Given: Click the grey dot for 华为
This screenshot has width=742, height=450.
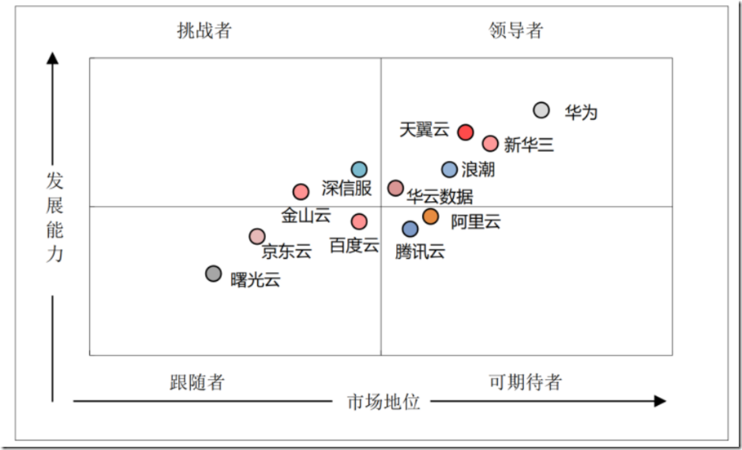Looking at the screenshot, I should (541, 110).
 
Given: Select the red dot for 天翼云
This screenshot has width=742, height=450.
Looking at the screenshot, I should (465, 132).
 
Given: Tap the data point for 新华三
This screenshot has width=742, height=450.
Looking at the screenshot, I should (490, 144).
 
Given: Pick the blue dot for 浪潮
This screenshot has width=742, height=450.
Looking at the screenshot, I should (450, 170).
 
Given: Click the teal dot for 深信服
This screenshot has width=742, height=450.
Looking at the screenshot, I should (359, 170).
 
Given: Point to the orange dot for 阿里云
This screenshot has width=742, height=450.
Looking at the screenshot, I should (430, 216).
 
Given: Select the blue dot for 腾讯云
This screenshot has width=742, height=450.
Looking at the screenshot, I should (411, 229).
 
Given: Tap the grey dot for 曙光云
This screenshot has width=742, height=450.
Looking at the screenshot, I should (213, 274).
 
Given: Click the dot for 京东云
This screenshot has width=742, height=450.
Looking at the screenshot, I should (257, 237).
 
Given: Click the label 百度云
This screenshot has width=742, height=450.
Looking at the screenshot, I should (354, 244).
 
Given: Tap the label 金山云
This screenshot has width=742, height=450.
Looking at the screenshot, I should (306, 216).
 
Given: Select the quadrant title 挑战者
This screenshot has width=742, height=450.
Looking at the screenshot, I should (204, 31).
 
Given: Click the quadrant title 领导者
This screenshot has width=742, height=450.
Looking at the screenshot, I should (516, 31).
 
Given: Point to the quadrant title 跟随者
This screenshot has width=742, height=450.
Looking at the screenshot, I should (197, 382).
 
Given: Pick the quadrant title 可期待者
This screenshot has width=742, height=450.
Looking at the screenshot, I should (525, 382).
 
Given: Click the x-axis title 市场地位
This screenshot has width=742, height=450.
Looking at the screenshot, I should (384, 402).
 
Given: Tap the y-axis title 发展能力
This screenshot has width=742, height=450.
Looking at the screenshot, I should (54, 216).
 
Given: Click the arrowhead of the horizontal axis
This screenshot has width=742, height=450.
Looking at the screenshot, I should (660, 401).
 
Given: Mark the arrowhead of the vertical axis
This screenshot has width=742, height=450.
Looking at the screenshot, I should (53, 58).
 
